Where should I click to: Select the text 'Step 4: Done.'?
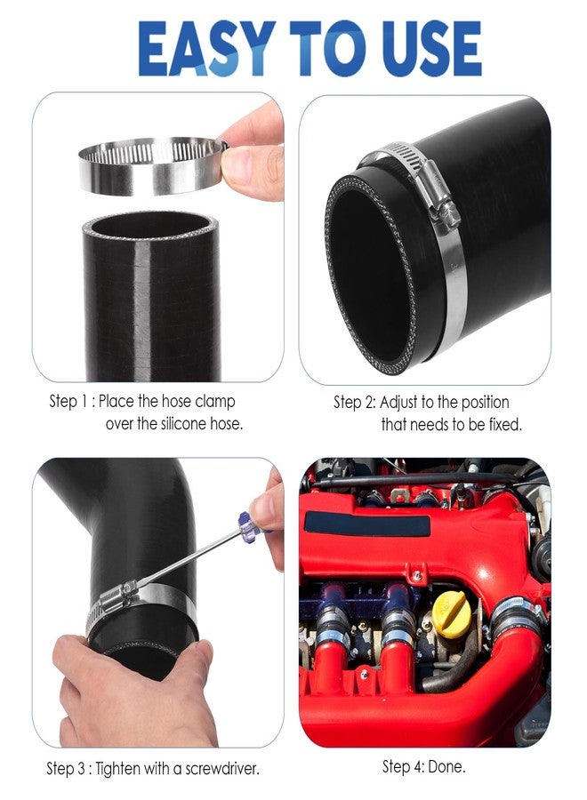coord(423,765)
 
